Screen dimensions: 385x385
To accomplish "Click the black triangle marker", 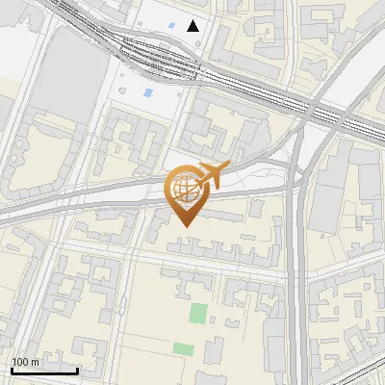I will tap(193, 25).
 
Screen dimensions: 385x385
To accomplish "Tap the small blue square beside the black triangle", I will tap(171, 25).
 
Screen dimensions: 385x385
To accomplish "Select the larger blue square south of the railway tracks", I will tap(147, 93).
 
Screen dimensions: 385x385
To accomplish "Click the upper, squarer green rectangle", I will tap(197, 314).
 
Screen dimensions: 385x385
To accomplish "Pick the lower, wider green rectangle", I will tap(183, 347).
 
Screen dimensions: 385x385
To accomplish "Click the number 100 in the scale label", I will tap(20, 362).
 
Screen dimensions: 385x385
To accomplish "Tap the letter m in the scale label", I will tap(35, 362).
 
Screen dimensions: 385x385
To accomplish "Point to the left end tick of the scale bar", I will tap(12, 371).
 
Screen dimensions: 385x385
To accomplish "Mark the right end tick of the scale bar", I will tap(77, 371).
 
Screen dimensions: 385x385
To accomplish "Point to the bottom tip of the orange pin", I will tap(185, 226).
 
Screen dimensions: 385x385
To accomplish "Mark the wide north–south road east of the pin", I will tap(298, 241).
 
